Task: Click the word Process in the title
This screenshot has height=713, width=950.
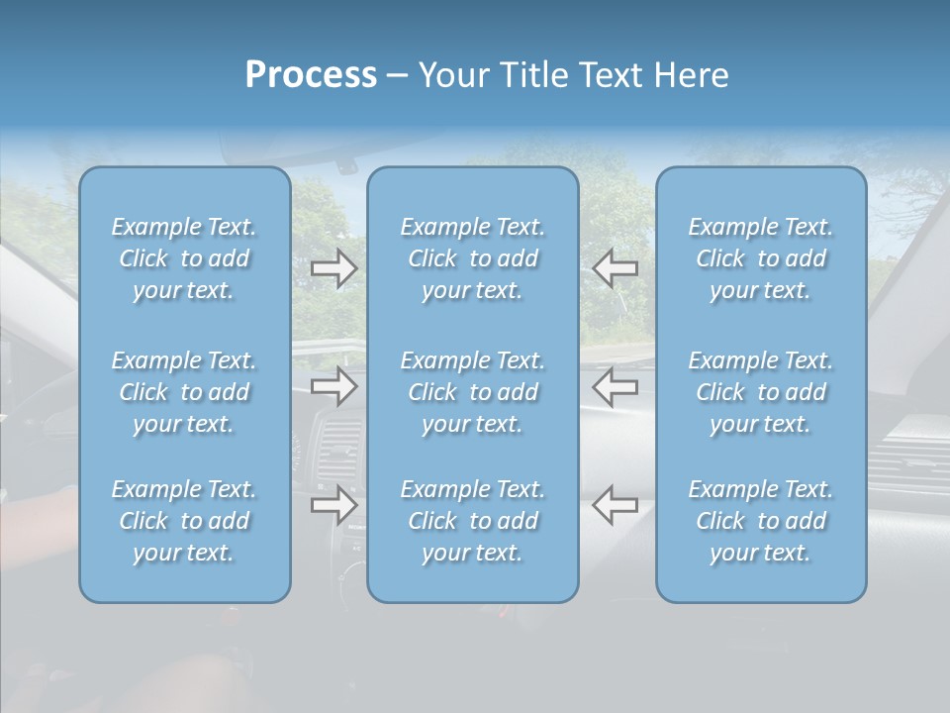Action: pyautogui.click(x=311, y=75)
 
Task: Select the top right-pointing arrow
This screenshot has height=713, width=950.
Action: pyautogui.click(x=334, y=267)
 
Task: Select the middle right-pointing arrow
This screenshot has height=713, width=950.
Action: pyautogui.click(x=334, y=386)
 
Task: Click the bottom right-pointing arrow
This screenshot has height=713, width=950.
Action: pyautogui.click(x=334, y=505)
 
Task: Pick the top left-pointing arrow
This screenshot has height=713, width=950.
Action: pyautogui.click(x=616, y=267)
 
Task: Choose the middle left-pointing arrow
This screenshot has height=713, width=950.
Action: pyautogui.click(x=616, y=386)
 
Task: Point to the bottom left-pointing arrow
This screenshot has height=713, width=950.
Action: pyautogui.click(x=616, y=505)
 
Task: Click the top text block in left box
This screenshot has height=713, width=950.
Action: pyautogui.click(x=184, y=258)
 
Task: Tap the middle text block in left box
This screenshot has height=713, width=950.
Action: pyautogui.click(x=184, y=392)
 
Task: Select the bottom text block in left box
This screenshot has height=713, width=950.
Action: pyautogui.click(x=184, y=521)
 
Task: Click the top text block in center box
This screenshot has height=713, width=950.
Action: pyautogui.click(x=473, y=258)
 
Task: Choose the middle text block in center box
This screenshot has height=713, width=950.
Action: pyautogui.click(x=473, y=392)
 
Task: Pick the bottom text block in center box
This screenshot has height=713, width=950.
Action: pyautogui.click(x=473, y=521)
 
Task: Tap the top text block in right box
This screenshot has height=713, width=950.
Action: pyautogui.click(x=761, y=258)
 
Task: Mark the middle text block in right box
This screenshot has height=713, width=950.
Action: pyautogui.click(x=761, y=392)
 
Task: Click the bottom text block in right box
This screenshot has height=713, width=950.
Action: pyautogui.click(x=761, y=521)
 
